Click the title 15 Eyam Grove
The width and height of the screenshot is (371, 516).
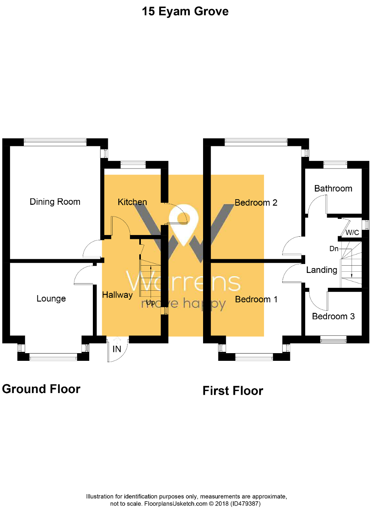tap(185, 11)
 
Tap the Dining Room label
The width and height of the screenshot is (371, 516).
tap(55, 202)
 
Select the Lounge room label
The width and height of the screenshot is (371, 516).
tap(51, 299)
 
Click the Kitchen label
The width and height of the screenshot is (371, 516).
tap(132, 202)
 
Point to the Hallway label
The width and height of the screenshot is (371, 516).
tap(117, 295)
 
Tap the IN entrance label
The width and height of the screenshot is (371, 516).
tap(117, 349)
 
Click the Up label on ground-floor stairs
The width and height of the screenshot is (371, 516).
tap(150, 302)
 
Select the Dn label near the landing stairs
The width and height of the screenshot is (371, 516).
tap(334, 249)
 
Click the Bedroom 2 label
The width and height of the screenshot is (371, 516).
tap(256, 202)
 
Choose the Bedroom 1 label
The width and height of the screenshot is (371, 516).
tap(256, 299)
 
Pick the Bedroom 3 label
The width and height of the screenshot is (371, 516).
tap(333, 316)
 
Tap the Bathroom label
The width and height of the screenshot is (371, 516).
tap(333, 188)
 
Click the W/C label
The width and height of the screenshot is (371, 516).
tap(352, 233)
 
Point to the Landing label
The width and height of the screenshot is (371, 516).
tap(321, 270)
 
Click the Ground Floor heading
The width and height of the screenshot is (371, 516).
tap(41, 389)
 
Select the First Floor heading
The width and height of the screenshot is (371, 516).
tap(233, 391)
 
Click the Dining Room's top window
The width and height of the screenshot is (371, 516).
tap(55, 142)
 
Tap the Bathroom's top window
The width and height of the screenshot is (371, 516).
tap(335, 164)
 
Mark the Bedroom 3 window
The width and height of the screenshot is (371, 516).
tap(333, 339)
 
